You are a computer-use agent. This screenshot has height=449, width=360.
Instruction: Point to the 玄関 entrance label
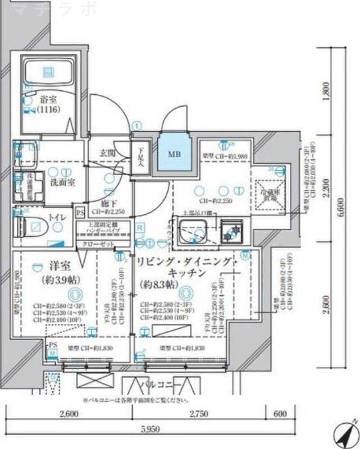(x=107, y=153)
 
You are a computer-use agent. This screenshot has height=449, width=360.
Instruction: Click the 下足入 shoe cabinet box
(x=139, y=159)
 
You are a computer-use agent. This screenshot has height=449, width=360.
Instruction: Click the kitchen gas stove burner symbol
(x=231, y=230)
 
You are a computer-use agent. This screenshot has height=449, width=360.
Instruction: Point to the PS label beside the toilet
(x=80, y=213)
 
